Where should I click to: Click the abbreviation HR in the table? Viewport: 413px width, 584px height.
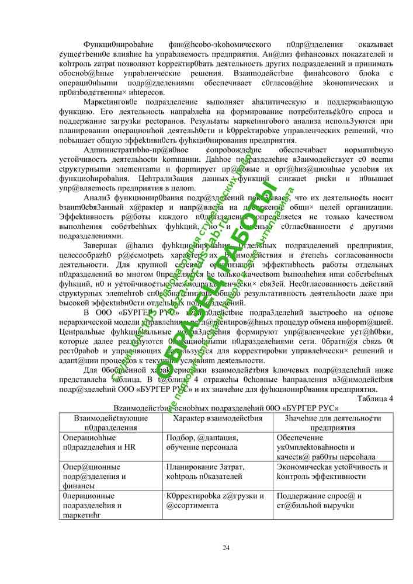point(130,447)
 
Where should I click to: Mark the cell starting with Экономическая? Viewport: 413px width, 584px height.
point(331,471)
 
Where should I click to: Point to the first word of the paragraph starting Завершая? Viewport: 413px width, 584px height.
point(103,246)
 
